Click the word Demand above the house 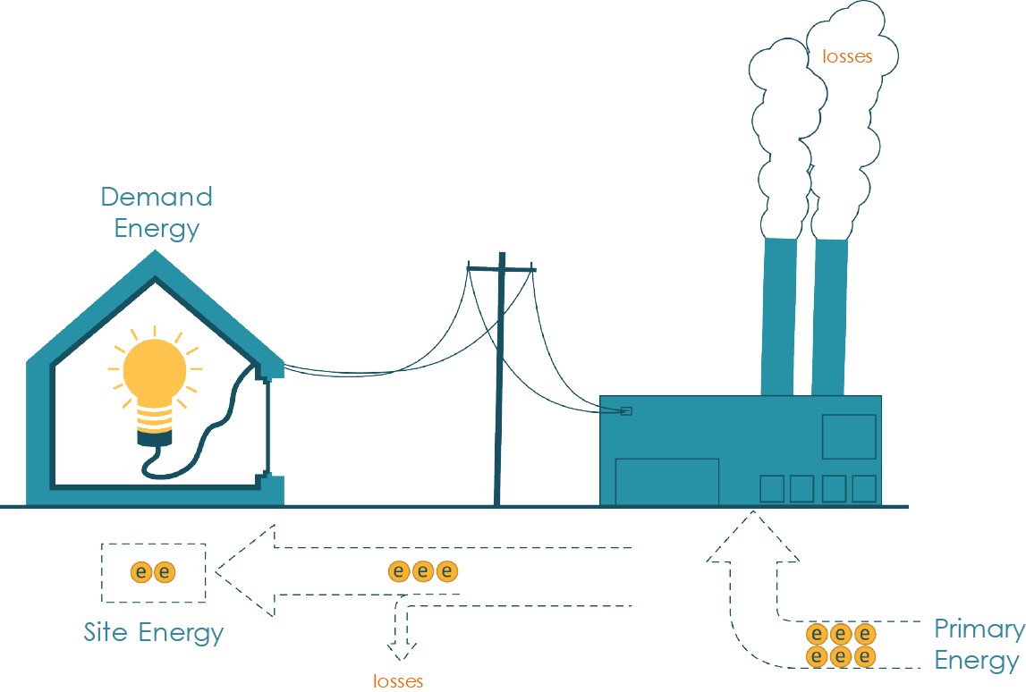tap(157, 197)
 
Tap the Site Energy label tap(154, 633)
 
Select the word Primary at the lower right tap(979, 629)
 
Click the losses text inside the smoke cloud tap(846, 56)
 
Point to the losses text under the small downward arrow tap(398, 681)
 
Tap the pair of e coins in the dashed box tap(153, 572)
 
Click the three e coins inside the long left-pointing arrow tap(423, 571)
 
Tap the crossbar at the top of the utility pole tap(501, 267)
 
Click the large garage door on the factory tap(667, 482)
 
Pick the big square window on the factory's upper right tap(849, 436)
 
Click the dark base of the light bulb tap(154, 438)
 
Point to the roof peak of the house tap(156, 259)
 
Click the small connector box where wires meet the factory tap(626, 411)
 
